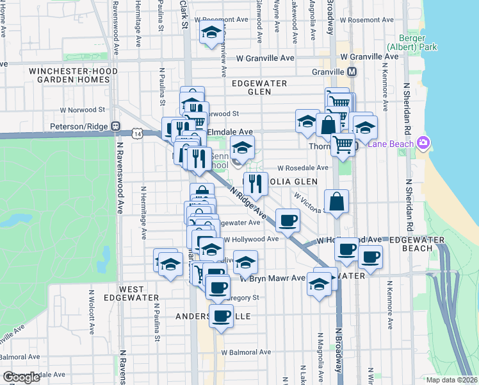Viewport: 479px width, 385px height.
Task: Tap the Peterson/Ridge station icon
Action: [116, 126]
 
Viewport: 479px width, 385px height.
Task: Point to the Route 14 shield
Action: [138, 133]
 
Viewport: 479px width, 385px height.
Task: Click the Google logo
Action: [21, 377]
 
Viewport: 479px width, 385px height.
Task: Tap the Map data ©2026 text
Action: [451, 380]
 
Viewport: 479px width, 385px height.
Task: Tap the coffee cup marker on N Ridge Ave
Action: [288, 220]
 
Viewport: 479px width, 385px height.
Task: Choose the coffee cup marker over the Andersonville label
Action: [222, 316]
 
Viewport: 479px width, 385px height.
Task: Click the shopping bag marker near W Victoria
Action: [337, 201]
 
